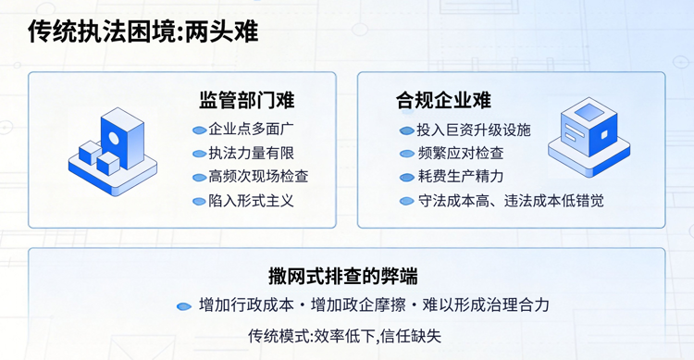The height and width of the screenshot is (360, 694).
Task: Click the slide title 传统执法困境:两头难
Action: pyautogui.click(x=143, y=31)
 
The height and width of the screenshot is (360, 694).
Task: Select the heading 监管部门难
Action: pyautogui.click(x=247, y=99)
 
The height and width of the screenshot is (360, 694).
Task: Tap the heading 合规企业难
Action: pyautogui.click(x=443, y=99)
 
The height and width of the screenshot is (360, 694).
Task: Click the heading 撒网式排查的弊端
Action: pyautogui.click(x=343, y=275)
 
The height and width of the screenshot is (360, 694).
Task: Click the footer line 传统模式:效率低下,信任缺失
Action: pyautogui.click(x=345, y=335)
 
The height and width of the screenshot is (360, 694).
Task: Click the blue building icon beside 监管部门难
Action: pyautogui.click(x=113, y=149)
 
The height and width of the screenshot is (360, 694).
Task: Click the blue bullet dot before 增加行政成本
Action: pyautogui.click(x=184, y=305)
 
